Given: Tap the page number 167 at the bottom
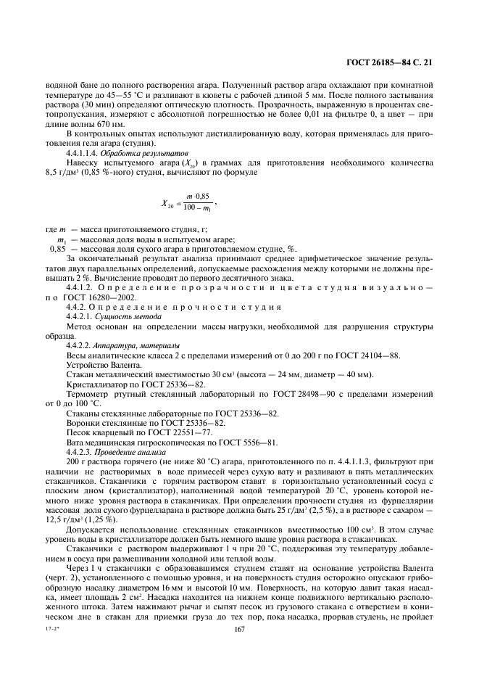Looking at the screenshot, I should (239, 650).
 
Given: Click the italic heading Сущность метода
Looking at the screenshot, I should (124, 318).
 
